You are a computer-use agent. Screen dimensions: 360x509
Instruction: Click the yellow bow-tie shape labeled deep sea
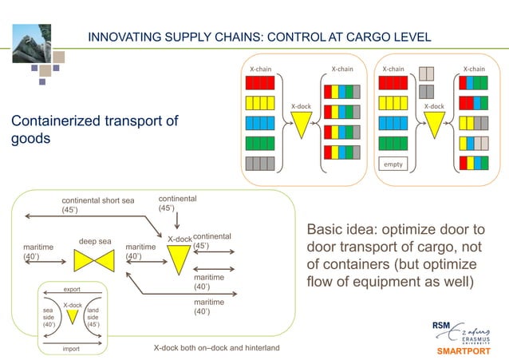[94, 261]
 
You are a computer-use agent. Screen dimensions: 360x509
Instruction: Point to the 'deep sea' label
[94, 240]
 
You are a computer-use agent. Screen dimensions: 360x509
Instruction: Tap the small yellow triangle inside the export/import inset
[73, 316]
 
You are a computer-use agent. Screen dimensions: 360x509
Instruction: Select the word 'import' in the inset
[72, 349]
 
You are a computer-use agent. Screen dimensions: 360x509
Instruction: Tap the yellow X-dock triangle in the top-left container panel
[301, 125]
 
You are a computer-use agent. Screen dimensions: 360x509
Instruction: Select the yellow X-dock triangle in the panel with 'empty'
[434, 125]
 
